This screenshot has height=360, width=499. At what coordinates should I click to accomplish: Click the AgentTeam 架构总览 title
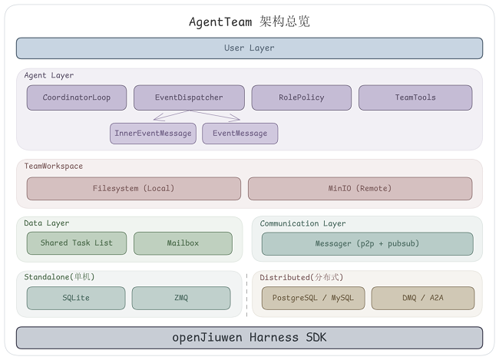(x=249, y=21)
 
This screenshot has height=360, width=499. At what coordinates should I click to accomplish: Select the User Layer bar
(x=249, y=48)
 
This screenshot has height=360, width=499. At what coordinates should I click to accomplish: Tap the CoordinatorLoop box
(x=76, y=97)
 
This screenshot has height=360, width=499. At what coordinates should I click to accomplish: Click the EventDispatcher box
(x=189, y=97)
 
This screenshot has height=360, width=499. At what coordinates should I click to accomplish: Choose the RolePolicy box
(x=301, y=97)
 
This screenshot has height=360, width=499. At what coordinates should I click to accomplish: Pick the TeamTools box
(x=415, y=97)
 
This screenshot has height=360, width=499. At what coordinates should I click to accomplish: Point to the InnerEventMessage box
(x=153, y=134)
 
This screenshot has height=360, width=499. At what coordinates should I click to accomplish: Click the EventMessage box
(x=240, y=134)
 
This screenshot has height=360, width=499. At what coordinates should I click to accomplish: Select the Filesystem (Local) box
(x=134, y=189)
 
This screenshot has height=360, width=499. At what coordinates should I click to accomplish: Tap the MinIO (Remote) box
(x=360, y=189)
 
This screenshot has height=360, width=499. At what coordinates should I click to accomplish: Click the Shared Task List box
(x=76, y=243)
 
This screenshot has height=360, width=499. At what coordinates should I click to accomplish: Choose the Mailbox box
(x=183, y=243)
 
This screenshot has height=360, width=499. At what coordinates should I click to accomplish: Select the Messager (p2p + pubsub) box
(x=367, y=244)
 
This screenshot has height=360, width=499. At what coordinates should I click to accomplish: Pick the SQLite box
(x=76, y=298)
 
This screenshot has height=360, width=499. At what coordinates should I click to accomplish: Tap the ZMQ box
(x=180, y=298)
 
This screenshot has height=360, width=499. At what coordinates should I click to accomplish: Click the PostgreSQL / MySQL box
(x=313, y=298)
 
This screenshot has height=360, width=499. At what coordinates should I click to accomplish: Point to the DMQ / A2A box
(x=422, y=298)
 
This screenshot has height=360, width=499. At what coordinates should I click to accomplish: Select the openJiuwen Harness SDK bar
(x=249, y=338)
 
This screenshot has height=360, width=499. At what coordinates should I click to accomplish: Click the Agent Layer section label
(x=49, y=76)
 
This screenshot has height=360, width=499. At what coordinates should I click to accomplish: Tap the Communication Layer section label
(x=302, y=223)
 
